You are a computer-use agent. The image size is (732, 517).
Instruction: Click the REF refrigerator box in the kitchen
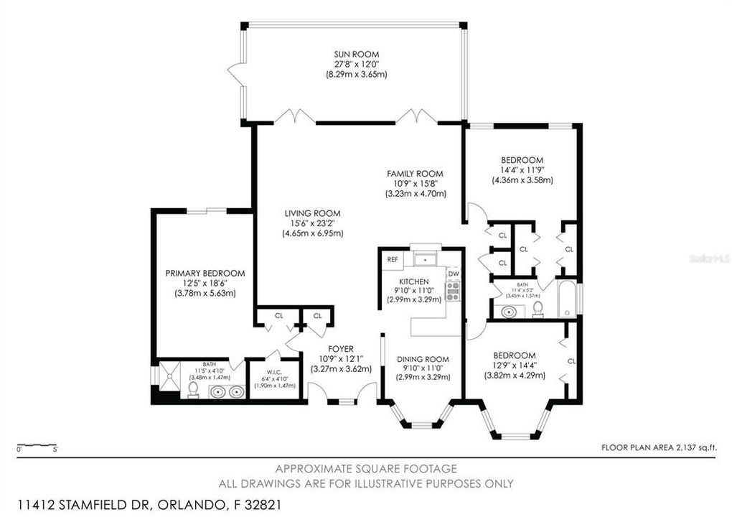[x=393, y=259]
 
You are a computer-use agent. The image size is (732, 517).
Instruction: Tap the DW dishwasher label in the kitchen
[x=453, y=274]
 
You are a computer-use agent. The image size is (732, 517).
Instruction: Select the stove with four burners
[x=453, y=291]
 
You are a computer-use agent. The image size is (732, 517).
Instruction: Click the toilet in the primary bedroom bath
[x=193, y=388]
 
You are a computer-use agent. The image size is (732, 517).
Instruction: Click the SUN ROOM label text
[x=356, y=54]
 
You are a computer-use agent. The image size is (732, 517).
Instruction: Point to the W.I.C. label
[x=272, y=371]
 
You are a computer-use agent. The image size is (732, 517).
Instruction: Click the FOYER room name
[x=341, y=350]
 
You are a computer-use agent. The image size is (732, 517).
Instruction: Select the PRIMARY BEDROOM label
[x=205, y=273]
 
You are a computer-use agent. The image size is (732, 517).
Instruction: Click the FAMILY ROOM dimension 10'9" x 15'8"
[x=415, y=184]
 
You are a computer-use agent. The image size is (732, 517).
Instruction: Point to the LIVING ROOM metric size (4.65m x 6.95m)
[x=311, y=233]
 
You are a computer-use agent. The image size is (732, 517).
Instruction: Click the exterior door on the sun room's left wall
[x=234, y=71]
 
